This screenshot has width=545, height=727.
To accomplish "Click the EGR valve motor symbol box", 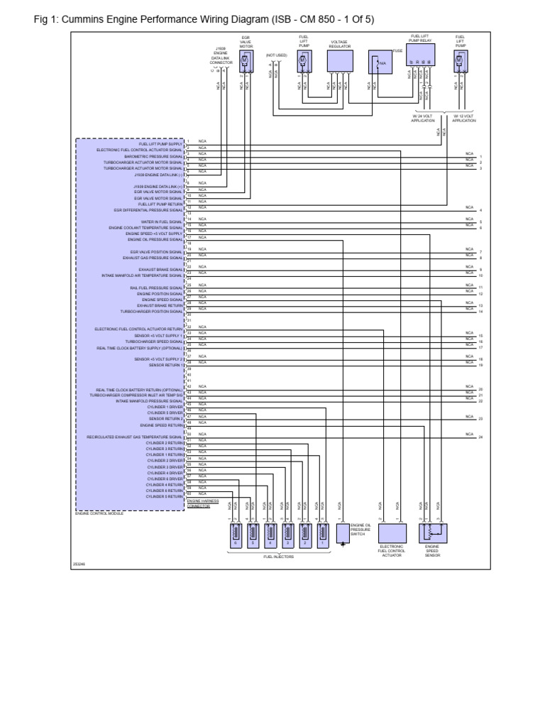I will [x=246, y=63].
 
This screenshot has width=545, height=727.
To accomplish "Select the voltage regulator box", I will [x=339, y=61].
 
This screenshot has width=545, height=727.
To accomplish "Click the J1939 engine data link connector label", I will [x=221, y=56].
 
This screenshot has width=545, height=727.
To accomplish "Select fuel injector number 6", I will [x=235, y=534].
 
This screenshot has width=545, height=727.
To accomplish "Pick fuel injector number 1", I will [x=323, y=534].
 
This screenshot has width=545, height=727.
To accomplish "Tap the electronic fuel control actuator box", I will [x=392, y=534].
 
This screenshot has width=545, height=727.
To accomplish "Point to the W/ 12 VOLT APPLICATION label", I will [x=464, y=119].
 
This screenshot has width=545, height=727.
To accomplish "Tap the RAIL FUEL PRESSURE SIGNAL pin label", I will [x=156, y=288].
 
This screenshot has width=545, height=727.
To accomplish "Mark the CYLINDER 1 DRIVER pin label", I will [x=165, y=407].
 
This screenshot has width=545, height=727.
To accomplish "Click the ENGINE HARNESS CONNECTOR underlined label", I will [x=199, y=503].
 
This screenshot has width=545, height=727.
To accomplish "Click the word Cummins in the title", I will [x=82, y=19].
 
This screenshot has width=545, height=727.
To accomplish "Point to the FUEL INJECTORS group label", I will [x=277, y=557].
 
